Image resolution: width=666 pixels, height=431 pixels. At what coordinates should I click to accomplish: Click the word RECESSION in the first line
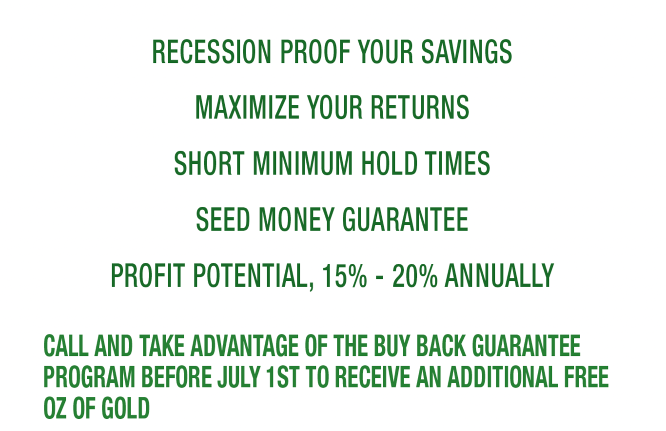coord(212,52)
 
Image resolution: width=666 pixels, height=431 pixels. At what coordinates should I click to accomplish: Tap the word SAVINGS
coord(467,52)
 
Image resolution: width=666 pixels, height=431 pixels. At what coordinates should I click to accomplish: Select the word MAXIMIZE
coord(247,107)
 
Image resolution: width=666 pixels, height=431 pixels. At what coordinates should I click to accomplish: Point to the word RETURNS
coord(420,107)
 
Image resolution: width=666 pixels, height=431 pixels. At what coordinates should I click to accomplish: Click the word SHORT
coord(209,163)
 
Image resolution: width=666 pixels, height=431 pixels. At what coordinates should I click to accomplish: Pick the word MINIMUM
coord(303,163)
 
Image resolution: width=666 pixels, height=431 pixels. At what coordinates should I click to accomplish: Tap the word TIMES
coord(457,163)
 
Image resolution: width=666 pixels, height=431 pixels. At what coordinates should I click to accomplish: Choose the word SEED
coord(223,219)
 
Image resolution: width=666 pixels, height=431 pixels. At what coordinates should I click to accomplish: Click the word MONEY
coord(297,219)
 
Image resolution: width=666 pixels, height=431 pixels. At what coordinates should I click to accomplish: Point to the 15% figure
coord(345,275)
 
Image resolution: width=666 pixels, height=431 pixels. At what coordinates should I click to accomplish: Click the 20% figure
coord(415,275)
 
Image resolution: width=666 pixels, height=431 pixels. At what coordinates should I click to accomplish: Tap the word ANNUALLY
coord(499,275)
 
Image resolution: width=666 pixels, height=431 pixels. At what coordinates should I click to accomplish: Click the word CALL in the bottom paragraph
coord(66,345)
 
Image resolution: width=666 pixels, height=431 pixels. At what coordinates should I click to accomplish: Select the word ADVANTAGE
coord(244,345)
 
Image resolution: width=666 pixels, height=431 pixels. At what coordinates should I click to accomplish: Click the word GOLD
coord(125,409)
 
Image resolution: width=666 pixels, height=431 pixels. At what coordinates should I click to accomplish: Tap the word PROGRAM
coord(90,377)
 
